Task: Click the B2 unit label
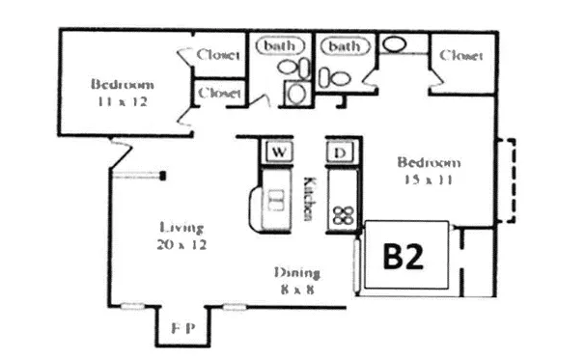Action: pyautogui.click(x=405, y=258)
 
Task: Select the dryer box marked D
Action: pyautogui.click(x=340, y=152)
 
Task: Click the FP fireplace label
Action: pyautogui.click(x=184, y=328)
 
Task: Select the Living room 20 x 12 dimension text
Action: pyautogui.click(x=182, y=245)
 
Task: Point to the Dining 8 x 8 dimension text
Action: pyautogui.click(x=297, y=288)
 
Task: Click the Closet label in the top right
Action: pyautogui.click(x=460, y=56)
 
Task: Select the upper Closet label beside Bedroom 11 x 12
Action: pyautogui.click(x=218, y=55)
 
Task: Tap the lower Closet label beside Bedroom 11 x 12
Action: pyautogui.click(x=218, y=93)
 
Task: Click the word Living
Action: pyautogui.click(x=181, y=228)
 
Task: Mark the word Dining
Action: pyautogui.click(x=297, y=272)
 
